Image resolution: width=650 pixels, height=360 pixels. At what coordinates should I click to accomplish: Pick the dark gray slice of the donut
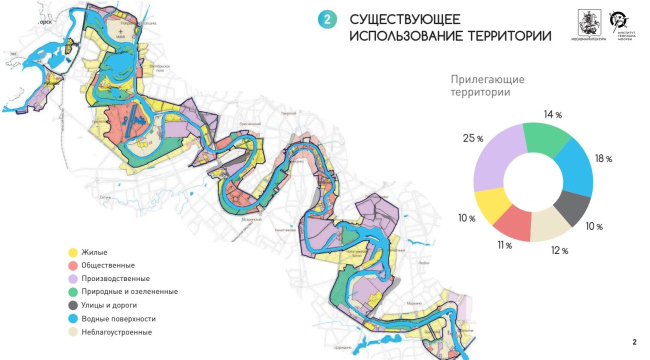(x=572, y=207)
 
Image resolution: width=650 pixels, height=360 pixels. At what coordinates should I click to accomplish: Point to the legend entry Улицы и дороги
(x=112, y=304)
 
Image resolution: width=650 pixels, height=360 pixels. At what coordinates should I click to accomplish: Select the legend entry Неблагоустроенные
(x=119, y=330)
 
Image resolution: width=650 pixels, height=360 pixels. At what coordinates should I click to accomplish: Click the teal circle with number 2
(x=326, y=20)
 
